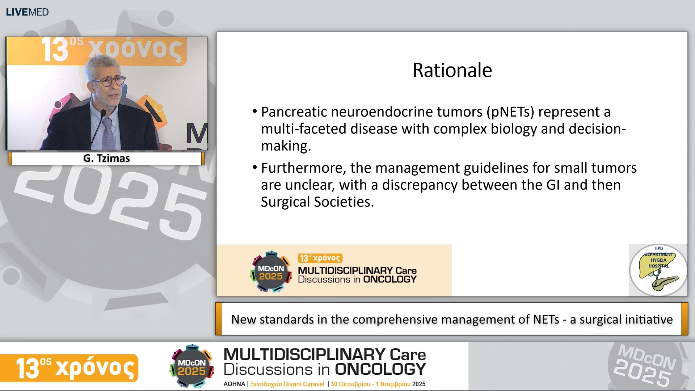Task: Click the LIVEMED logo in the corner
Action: coord(27,12)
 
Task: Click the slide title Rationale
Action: coord(452,70)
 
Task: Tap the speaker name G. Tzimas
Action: coord(106,159)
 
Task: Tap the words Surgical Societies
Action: coord(317,202)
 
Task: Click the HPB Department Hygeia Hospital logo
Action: coord(658,270)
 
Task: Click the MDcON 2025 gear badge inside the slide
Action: coord(271,272)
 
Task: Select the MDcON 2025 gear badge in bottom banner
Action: coord(191,366)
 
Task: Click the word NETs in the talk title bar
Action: coord(546,319)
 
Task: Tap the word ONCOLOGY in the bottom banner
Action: coord(380,369)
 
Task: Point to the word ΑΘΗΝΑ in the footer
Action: coord(234,384)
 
